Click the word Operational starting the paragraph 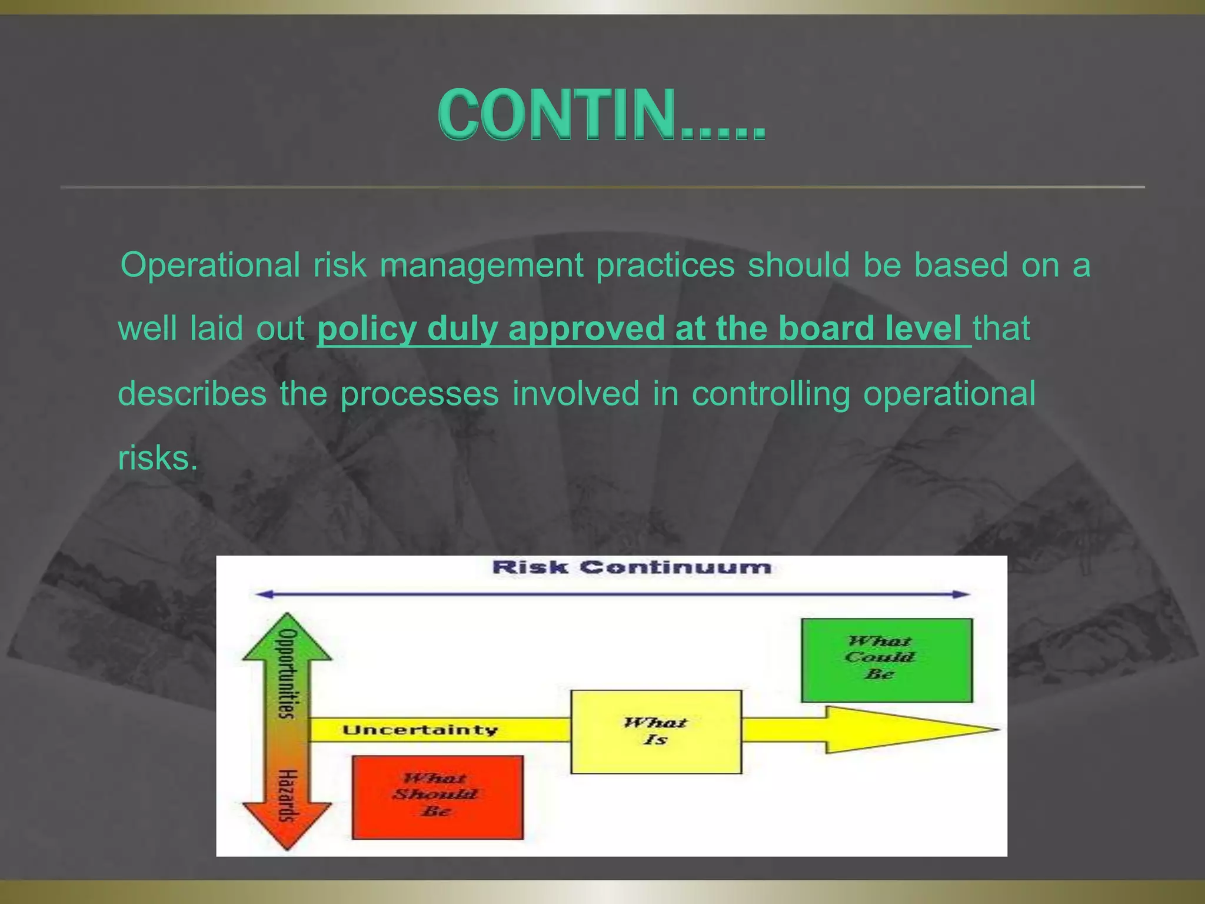click(x=210, y=265)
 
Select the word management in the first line click(x=481, y=265)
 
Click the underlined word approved click(x=588, y=329)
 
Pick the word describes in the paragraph click(x=192, y=394)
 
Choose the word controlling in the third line click(x=770, y=394)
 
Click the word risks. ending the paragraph click(x=158, y=458)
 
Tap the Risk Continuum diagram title click(x=631, y=567)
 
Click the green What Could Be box click(x=886, y=660)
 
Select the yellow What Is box click(x=655, y=732)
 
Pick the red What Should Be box click(x=437, y=797)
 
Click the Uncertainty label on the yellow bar click(x=420, y=730)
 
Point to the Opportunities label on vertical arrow click(x=287, y=674)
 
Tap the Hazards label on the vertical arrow click(x=287, y=795)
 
